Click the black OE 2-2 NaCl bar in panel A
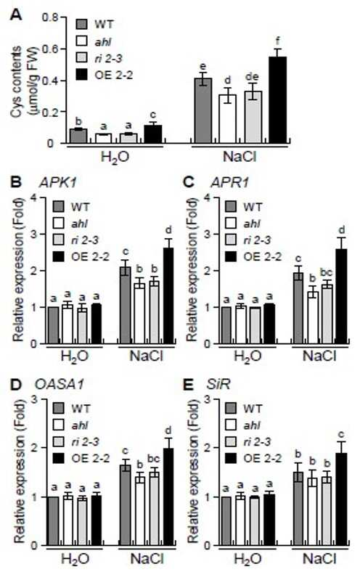[x=277, y=99]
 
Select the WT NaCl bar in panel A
[x=202, y=110]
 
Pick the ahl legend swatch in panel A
[x=83, y=41]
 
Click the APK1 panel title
[x=57, y=182]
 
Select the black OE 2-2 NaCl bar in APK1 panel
[x=168, y=296]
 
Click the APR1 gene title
[x=230, y=182]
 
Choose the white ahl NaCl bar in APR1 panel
[x=313, y=318]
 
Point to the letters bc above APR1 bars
[x=327, y=272]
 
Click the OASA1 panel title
[x=60, y=384]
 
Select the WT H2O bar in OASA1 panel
[x=53, y=521]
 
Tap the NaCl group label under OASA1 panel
[x=147, y=558]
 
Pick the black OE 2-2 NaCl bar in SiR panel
[x=341, y=499]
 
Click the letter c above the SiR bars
[x=341, y=435]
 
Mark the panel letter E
[x=188, y=385]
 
